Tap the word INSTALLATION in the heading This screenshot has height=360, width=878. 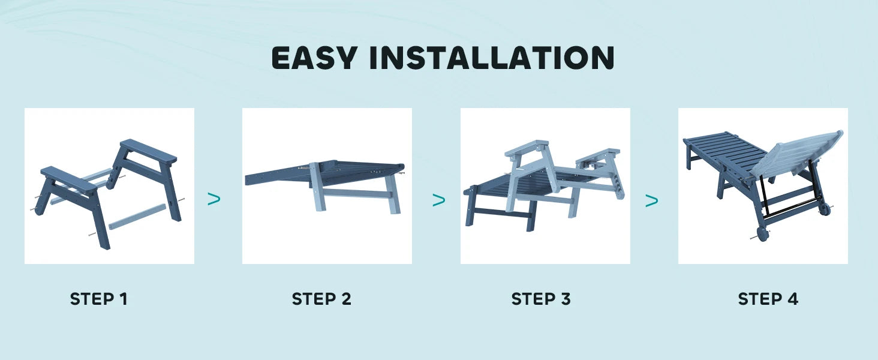coord(491,58)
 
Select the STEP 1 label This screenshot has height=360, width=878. coord(99,299)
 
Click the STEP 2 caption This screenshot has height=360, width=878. coord(321,299)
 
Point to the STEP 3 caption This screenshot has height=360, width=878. coord(541,299)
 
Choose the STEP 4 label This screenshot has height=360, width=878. coord(768,299)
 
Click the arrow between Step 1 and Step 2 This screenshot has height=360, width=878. coord(214,199)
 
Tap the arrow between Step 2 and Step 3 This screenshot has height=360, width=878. coord(439,200)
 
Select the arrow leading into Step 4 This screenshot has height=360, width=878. coord(652,201)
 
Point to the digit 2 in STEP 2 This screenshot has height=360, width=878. coord(345,299)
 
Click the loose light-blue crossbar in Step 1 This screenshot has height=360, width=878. coord(137,216)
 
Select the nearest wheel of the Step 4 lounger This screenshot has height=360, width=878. coord(763,233)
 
